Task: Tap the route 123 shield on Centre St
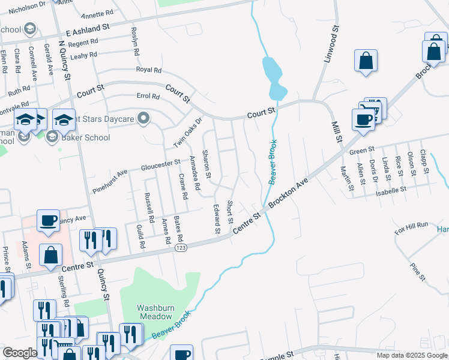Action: (x=179, y=247)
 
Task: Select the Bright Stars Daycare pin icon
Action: (x=143, y=119)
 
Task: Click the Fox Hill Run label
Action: (x=411, y=226)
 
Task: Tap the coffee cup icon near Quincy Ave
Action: (x=48, y=220)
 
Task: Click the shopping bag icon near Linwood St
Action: (x=366, y=61)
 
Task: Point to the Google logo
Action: (x=20, y=352)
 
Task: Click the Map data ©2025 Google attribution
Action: (x=411, y=355)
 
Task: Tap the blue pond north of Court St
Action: (x=273, y=76)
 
